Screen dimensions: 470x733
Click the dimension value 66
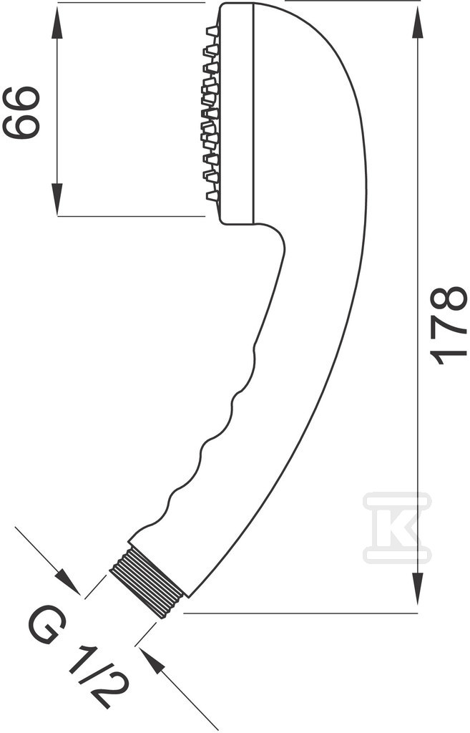pyautogui.click(x=21, y=112)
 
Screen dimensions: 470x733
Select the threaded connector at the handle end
pyautogui.click(x=145, y=583)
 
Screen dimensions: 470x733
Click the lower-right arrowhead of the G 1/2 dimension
pyautogui.click(x=155, y=664)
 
